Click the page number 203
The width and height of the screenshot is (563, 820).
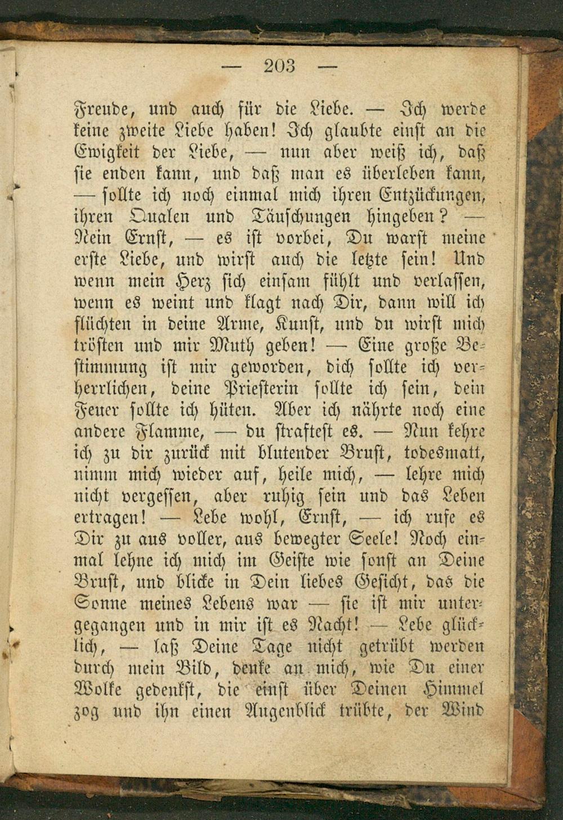click(x=279, y=66)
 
